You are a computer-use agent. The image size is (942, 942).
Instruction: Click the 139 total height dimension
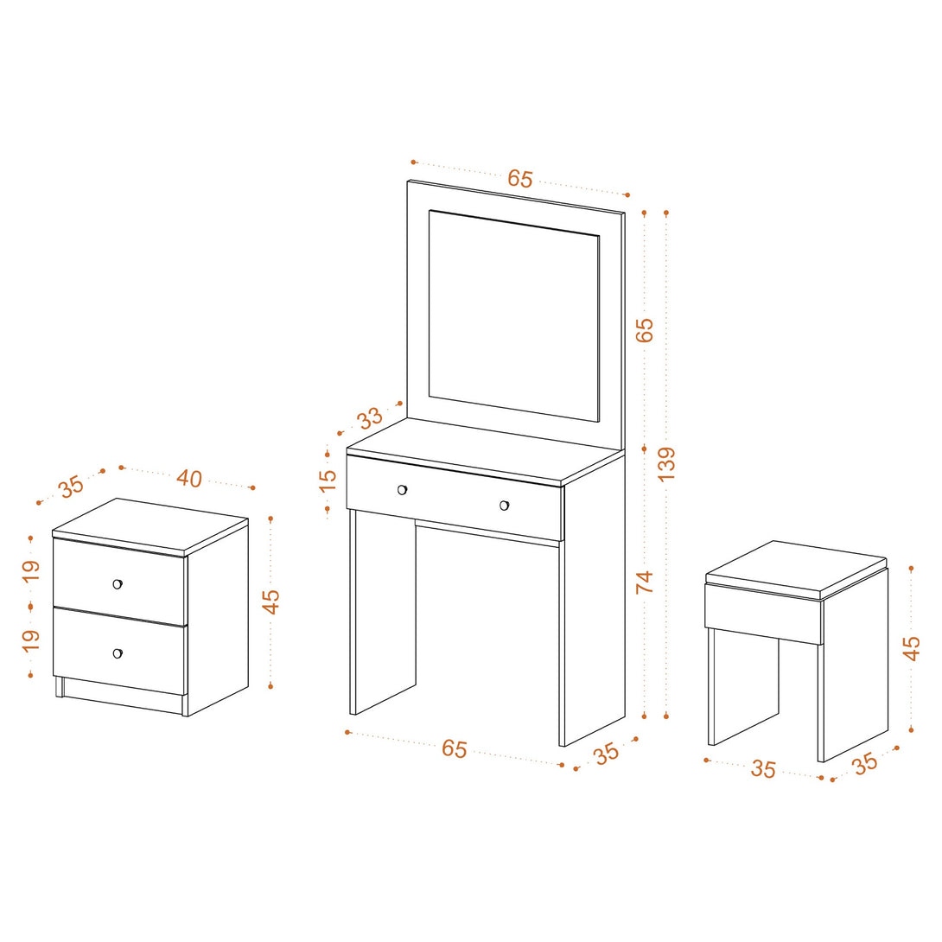(666, 463)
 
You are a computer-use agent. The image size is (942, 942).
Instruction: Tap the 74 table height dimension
(644, 582)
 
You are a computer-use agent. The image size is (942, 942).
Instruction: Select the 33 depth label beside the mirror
(370, 417)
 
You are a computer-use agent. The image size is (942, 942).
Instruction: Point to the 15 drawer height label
(328, 481)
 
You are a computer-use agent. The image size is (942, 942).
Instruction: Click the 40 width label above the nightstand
(189, 479)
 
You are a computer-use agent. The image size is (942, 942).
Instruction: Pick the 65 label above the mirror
(520, 178)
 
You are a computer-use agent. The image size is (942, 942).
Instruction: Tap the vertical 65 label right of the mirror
(644, 330)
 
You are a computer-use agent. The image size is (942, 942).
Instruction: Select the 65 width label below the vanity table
(455, 748)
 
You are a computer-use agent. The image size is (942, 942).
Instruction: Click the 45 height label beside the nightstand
(271, 601)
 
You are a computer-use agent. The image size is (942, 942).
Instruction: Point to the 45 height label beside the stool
(912, 648)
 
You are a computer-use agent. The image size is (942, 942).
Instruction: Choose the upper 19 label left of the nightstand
(30, 570)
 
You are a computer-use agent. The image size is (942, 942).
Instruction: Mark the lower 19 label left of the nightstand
(30, 640)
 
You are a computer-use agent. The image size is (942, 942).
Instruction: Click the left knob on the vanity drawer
(403, 490)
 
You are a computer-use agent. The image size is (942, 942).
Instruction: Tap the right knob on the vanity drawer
(504, 506)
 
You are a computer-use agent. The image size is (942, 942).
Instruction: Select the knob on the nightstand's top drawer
(118, 584)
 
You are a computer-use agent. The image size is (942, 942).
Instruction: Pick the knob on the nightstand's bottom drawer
(118, 653)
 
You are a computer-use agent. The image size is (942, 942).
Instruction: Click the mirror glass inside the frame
(513, 316)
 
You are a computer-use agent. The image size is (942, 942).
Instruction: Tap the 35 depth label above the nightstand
(72, 486)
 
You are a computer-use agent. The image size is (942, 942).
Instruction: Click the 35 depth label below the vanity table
(607, 754)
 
